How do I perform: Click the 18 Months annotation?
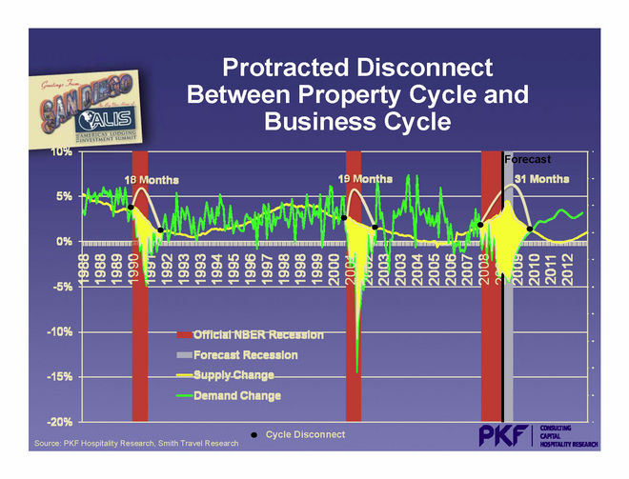[152, 180]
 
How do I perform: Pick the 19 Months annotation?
[366, 179]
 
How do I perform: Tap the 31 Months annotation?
[542, 178]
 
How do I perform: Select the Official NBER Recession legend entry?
[258, 335]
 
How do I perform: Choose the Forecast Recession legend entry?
[246, 355]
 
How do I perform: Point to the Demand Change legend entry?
[237, 394]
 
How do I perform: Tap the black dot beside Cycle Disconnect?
[254, 435]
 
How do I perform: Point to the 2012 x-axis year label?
[567, 269]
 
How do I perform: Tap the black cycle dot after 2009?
[530, 228]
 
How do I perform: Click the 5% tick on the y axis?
[65, 196]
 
